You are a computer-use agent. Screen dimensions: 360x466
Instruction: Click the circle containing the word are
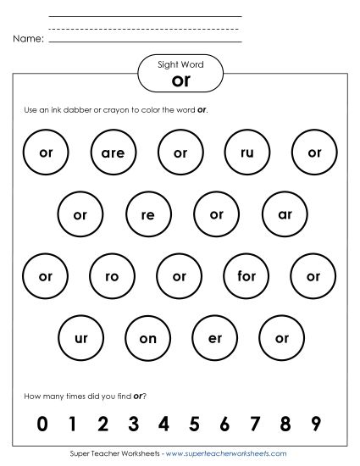tap(113, 153)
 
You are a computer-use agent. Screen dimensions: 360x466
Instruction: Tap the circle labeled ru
tap(247, 153)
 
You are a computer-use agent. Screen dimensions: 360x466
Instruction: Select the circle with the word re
tap(148, 215)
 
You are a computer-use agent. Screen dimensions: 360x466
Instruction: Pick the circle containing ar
tap(285, 215)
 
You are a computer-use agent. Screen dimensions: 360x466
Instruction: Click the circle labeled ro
tap(113, 276)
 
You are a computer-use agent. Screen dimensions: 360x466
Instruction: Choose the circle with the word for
tap(246, 276)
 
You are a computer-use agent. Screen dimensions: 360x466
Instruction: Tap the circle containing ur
tap(81, 338)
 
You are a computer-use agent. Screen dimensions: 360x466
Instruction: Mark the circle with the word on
tap(148, 338)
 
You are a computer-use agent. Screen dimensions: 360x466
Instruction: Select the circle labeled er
tap(215, 338)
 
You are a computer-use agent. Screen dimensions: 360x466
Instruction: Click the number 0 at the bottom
tap(41, 424)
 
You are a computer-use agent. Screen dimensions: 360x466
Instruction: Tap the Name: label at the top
tap(28, 39)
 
